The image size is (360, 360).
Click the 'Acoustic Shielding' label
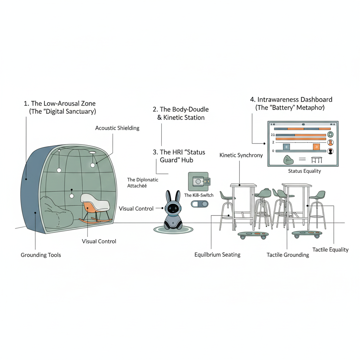tap(117, 128)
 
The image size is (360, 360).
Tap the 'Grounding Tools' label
tap(41, 255)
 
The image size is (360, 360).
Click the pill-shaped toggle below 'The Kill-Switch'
tap(199, 204)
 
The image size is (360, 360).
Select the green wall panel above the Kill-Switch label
tap(198, 181)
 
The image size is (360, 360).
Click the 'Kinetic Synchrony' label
tap(241, 155)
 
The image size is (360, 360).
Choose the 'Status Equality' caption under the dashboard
tap(304, 171)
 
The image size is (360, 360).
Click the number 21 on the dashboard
tap(273, 135)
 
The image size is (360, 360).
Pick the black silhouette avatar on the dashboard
tap(330, 151)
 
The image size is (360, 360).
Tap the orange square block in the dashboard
tap(316, 147)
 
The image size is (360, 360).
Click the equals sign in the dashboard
tap(302, 160)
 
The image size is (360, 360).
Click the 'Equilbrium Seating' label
tap(217, 255)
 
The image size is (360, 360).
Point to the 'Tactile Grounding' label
tap(288, 255)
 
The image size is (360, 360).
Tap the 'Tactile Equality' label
tap(330, 250)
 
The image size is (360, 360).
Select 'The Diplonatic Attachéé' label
tap(142, 183)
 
